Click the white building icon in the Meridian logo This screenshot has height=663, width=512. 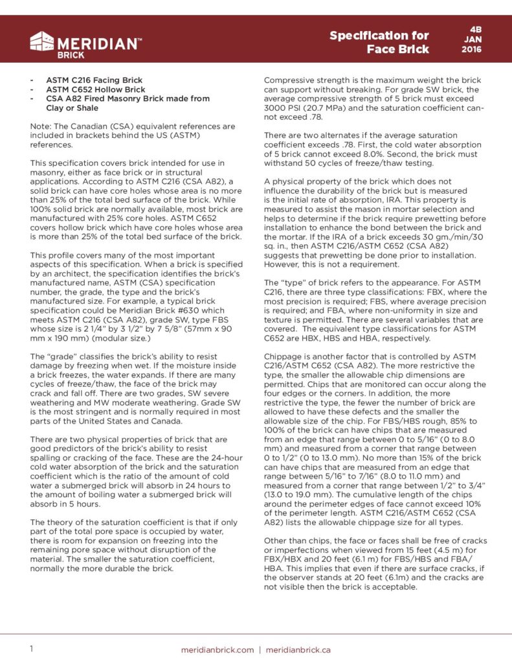tap(42, 42)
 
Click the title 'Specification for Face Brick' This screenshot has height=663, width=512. tap(379, 42)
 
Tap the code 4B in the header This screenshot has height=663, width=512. tap(474, 30)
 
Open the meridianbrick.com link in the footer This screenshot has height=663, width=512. tap(218, 649)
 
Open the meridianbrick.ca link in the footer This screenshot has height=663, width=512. tap(298, 649)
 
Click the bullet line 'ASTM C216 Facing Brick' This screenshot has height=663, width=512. tap(95, 80)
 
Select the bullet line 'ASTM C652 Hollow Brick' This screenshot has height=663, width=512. tap(95, 89)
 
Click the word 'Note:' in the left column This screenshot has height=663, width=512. tap(42, 126)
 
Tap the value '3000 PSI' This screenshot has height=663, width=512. tap(282, 107)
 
